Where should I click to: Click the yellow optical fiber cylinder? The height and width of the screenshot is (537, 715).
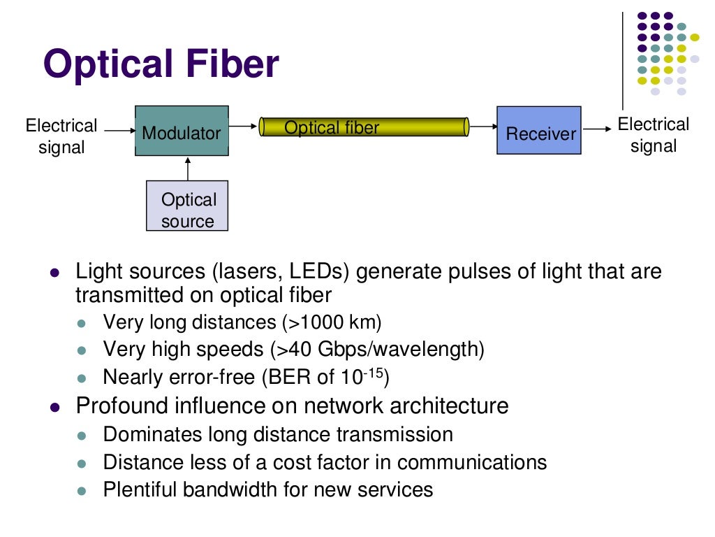click(363, 127)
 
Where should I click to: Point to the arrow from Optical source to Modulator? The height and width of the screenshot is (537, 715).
click(188, 169)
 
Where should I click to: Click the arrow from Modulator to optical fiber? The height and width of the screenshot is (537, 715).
click(243, 127)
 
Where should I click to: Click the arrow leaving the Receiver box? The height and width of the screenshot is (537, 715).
click(596, 129)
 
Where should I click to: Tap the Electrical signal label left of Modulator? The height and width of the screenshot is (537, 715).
click(61, 136)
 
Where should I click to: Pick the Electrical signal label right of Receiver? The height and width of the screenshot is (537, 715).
click(654, 135)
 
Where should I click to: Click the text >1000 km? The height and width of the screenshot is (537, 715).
click(332, 322)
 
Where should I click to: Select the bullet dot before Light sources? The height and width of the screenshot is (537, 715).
click(54, 273)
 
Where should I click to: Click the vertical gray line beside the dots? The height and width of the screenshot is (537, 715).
click(623, 59)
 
